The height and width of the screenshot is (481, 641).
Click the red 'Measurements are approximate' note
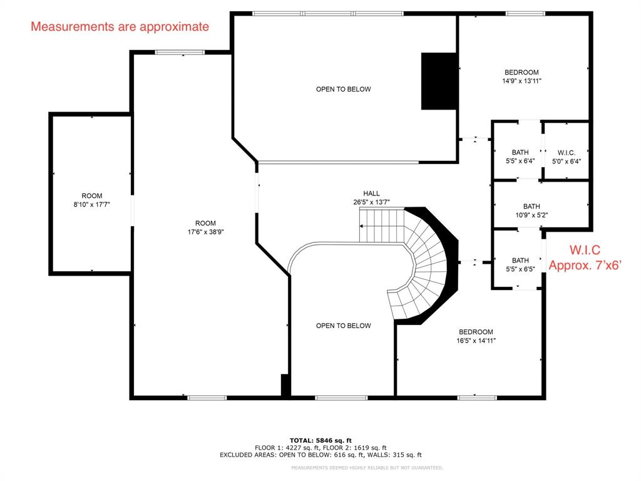point(120,27)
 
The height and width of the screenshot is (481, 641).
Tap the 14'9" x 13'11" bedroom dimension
point(521,81)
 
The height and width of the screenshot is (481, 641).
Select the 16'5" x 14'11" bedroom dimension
point(476,341)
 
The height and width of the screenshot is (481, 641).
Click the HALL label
point(371,194)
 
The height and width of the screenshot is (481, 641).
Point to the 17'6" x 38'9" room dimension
point(205,232)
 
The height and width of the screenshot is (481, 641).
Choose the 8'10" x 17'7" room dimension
point(91,204)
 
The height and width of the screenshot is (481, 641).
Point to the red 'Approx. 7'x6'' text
point(584,265)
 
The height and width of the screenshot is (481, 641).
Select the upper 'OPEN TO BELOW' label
point(343,89)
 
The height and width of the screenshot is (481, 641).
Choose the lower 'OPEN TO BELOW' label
point(343,326)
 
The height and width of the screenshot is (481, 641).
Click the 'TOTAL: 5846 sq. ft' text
point(320,440)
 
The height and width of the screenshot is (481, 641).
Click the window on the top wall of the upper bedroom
point(525,13)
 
